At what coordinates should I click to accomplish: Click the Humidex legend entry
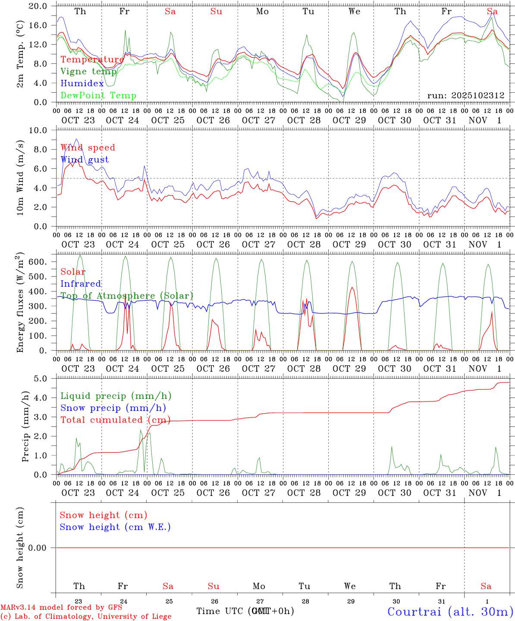(x=82, y=84)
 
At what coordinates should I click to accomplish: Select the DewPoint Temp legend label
(x=98, y=96)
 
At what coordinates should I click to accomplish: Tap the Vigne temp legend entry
(x=88, y=72)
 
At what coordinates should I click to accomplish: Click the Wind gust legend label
(x=85, y=160)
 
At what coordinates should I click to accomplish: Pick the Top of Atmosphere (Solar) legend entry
(x=127, y=296)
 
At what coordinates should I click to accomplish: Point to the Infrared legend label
(x=81, y=284)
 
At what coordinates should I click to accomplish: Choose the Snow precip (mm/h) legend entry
(x=113, y=408)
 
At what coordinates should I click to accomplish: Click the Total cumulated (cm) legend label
(x=115, y=420)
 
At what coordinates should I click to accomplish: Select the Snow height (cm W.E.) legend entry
(x=115, y=527)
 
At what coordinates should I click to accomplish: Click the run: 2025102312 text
(x=466, y=96)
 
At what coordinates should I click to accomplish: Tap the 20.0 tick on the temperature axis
(x=39, y=6)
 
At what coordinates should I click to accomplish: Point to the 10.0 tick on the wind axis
(x=39, y=130)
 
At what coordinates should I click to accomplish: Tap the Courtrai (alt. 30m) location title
(x=450, y=612)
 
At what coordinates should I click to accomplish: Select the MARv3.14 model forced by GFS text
(x=61, y=608)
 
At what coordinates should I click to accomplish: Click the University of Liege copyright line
(x=86, y=617)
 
